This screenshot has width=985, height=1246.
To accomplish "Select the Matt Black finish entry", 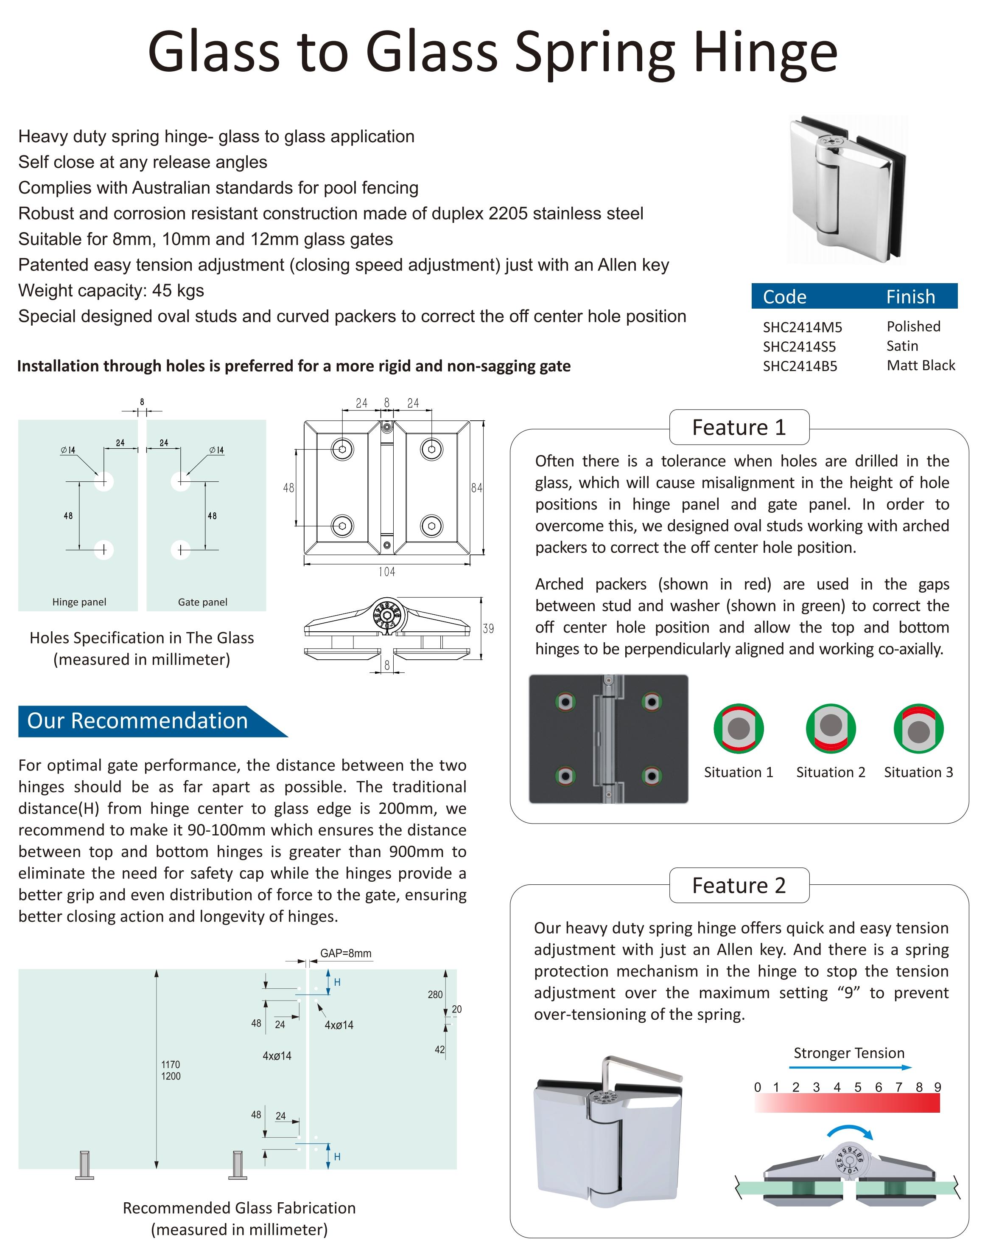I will tap(921, 366).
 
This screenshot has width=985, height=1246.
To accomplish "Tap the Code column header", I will tap(784, 297).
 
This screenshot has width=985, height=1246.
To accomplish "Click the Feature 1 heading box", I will tap(739, 428).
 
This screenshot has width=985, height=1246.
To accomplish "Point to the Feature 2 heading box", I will tap(739, 885).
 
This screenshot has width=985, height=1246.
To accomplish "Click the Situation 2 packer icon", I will tap(831, 728).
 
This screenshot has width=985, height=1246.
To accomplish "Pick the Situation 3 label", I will tap(918, 772).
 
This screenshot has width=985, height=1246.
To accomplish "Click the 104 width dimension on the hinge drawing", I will tap(386, 571).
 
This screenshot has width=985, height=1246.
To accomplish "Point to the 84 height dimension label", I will tap(476, 488).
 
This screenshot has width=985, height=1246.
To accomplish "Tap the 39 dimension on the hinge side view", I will tap(488, 628).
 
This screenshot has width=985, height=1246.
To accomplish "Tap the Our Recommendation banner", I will tap(138, 721).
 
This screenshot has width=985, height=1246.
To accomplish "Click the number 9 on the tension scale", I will tap(938, 1087).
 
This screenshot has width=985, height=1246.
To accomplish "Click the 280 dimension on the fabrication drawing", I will tap(435, 994).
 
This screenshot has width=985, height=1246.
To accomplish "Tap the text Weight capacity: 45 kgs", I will tap(111, 290).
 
